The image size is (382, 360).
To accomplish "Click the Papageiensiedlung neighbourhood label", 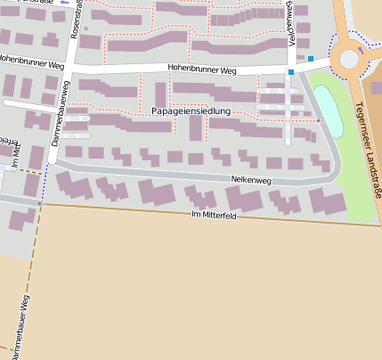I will coord(191,111).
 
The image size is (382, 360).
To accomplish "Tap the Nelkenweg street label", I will coord(250,180).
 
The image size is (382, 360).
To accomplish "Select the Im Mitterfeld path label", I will coord(214,216).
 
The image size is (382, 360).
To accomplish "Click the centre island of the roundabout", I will coord(349,59).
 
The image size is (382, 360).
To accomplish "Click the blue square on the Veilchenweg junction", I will coord(290,71).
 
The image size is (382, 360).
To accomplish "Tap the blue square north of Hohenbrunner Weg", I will coord(311,59).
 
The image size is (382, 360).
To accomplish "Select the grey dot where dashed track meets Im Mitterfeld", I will coord(40,203).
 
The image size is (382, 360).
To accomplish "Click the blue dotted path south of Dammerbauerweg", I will coord(36,184).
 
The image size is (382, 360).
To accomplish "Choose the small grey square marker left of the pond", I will coord(319,119).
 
